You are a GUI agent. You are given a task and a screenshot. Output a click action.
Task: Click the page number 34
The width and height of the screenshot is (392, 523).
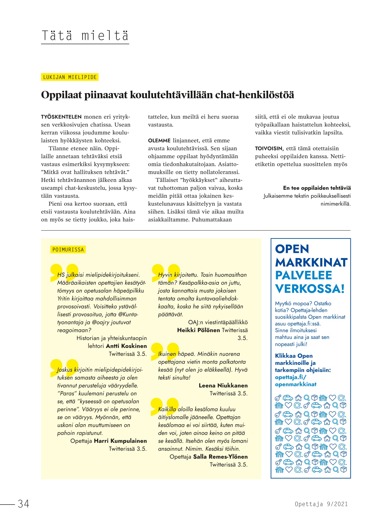(23, 504)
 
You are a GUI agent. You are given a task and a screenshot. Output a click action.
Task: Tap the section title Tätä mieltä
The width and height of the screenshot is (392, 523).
(85, 36)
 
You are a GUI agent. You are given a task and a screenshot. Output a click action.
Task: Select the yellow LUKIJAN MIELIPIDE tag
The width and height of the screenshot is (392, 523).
(70, 77)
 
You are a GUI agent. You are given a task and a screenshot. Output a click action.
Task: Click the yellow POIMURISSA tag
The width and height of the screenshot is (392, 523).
(68, 249)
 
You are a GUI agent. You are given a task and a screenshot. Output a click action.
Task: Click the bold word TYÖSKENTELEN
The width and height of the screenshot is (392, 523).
(61, 117)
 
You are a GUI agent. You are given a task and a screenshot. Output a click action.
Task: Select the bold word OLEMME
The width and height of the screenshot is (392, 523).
(159, 141)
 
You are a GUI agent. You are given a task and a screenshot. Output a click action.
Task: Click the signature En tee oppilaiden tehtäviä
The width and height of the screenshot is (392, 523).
(317, 188)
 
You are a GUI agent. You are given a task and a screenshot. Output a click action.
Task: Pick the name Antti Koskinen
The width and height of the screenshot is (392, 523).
(126, 346)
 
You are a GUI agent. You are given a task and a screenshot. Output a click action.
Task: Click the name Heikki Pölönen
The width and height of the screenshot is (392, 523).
(198, 330)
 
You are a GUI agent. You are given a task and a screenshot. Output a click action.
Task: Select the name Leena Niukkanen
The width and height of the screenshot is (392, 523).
(223, 385)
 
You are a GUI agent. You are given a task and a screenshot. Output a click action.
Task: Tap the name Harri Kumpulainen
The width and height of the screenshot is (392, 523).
(120, 441)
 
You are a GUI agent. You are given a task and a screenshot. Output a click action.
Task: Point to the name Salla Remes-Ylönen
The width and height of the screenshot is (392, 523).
(220, 457)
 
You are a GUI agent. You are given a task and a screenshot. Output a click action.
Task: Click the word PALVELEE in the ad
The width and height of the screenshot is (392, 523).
(303, 275)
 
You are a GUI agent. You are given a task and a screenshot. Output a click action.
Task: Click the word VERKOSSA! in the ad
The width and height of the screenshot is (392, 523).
(310, 288)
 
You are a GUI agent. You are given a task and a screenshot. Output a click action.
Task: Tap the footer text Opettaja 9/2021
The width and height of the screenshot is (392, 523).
(321, 504)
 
